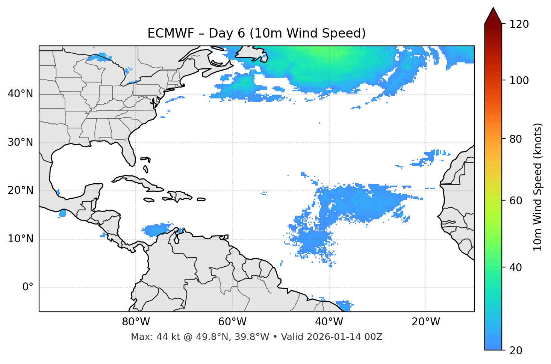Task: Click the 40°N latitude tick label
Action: tap(20, 94)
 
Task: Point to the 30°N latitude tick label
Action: tap(20, 142)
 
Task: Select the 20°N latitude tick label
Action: tap(20, 190)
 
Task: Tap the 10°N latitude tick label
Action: tap(20, 239)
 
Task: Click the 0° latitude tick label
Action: tap(28, 287)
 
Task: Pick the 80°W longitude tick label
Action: tap(136, 322)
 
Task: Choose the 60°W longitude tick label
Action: tap(232, 322)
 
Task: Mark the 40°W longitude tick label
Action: tap(329, 322)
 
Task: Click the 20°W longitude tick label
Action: tap(425, 322)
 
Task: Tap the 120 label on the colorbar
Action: tap(519, 24)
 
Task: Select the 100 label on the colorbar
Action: tap(519, 80)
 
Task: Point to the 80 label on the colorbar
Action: tap(517, 139)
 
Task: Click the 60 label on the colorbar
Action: tap(517, 201)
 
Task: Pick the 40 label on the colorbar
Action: tap(517, 267)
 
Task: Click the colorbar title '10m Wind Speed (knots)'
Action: tap(538, 187)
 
